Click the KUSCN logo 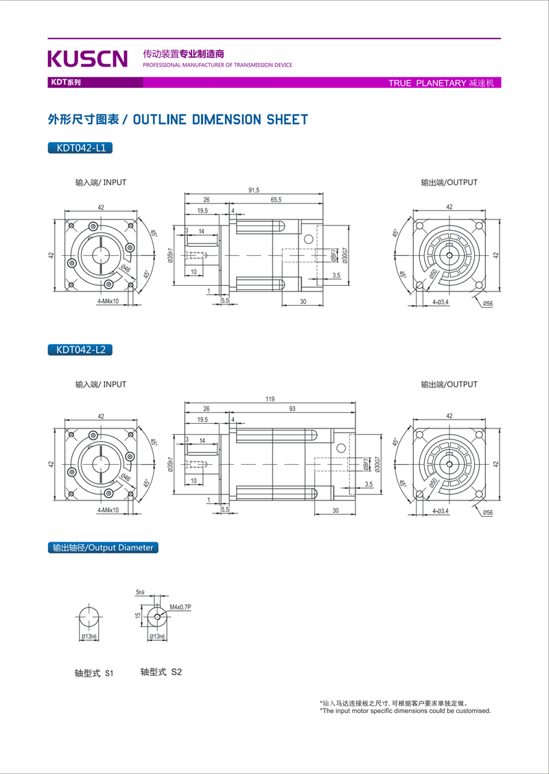pos(88,59)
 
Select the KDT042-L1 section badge pos(80,147)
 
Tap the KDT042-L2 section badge pos(80,350)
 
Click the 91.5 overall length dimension pos(253,191)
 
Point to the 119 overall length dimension pos(270,399)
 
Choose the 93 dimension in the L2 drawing pos(292,409)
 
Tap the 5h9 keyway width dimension pos(140,592)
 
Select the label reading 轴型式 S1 pos(93,673)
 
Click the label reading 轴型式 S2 pos(161,673)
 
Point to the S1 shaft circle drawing pos(89,617)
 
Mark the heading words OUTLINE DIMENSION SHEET pos(220,120)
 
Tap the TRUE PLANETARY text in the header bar pos(427,83)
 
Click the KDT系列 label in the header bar pos(65,82)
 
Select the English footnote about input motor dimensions pos(406,711)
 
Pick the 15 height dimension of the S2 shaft pos(138,615)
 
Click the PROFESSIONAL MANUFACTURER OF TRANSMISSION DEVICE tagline pos(218,65)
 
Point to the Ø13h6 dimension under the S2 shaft pos(158,637)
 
